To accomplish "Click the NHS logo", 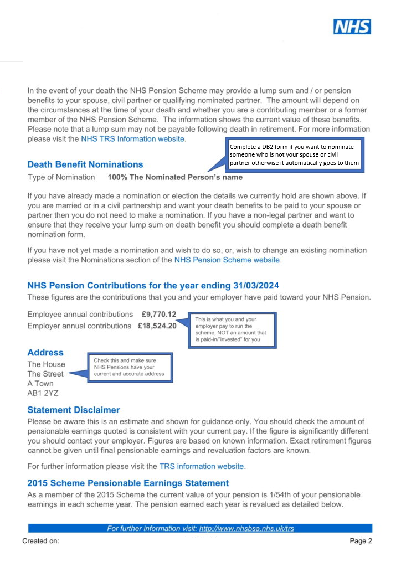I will (352, 27).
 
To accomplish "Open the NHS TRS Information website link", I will (132, 138).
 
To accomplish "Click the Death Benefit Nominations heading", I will (85, 164).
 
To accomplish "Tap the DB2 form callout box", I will (295, 154).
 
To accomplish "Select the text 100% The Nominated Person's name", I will (175, 178).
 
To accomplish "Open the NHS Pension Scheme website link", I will (227, 259).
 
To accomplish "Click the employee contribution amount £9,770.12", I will (158, 315).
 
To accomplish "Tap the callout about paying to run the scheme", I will (233, 331).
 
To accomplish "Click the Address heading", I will (45, 353).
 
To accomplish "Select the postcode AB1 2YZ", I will (43, 393).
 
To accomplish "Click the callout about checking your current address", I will (130, 367).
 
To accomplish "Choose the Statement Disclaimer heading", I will (73, 410).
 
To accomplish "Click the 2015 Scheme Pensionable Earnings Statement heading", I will (128, 483).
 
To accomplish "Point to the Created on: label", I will (40, 541).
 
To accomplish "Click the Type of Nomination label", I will (61, 178).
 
